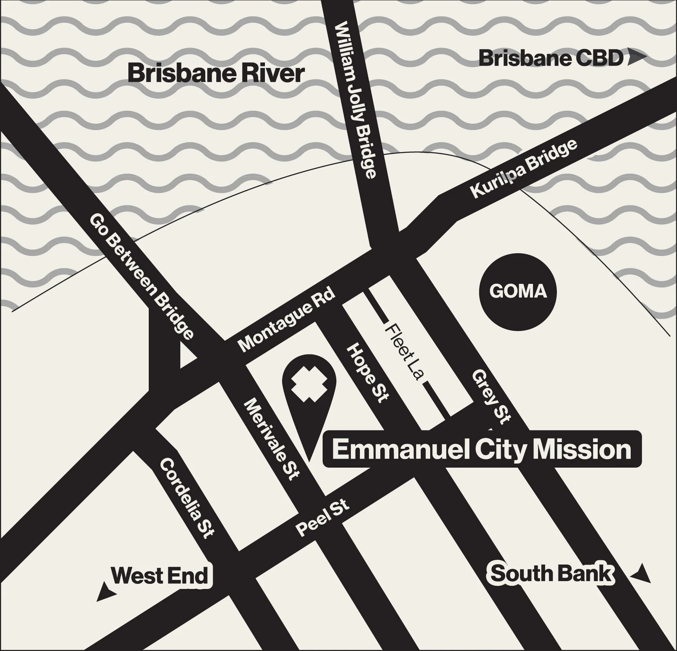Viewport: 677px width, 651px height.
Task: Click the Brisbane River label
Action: (216, 73)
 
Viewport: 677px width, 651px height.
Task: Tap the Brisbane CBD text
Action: (551, 59)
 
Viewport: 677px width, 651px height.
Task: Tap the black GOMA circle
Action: (518, 292)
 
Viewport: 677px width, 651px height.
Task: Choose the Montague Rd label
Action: (287, 320)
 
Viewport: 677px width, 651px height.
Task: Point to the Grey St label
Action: (491, 396)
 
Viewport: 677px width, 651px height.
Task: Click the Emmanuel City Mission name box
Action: (482, 450)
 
